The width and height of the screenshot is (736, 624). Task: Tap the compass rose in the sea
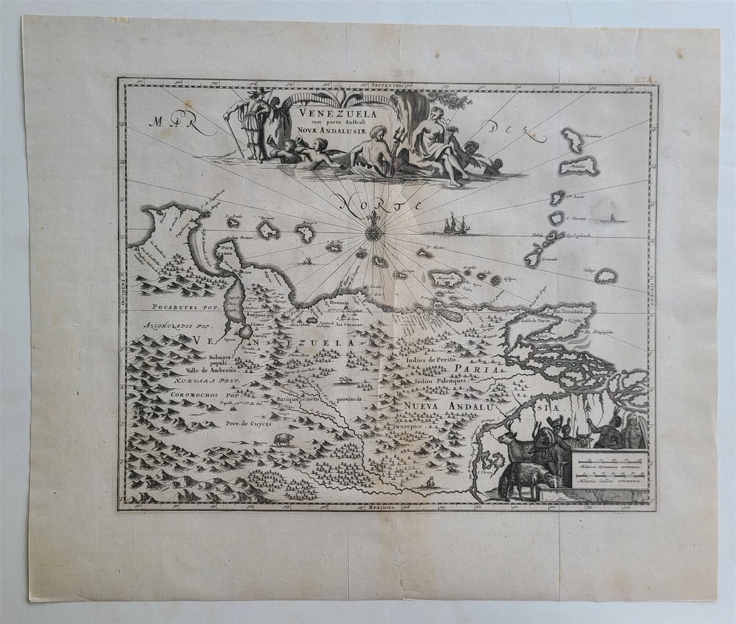click(374, 232)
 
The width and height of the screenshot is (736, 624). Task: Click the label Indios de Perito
click(430, 359)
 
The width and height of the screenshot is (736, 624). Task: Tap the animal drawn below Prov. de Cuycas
click(283, 439)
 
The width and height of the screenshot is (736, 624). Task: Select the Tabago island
click(606, 276)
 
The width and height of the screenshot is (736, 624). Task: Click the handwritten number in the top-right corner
click(644, 79)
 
